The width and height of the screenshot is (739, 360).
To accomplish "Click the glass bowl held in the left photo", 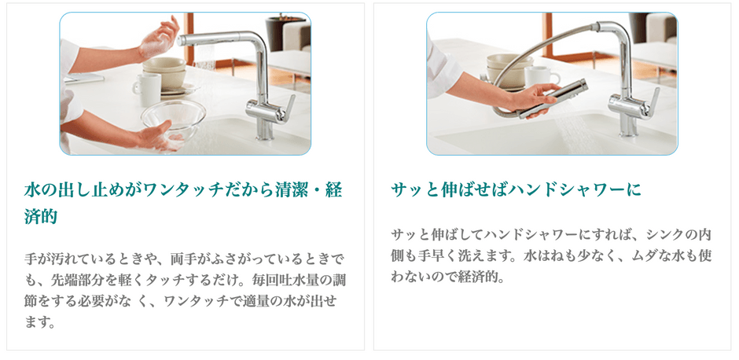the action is coord(174,121).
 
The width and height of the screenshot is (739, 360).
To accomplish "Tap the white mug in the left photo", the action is coord(147,90).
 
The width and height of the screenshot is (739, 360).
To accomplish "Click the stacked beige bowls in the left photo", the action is coord(164,72).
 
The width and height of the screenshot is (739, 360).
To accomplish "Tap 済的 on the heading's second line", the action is coord(41,216).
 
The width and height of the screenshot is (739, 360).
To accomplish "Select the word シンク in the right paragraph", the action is coord(664,234).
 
